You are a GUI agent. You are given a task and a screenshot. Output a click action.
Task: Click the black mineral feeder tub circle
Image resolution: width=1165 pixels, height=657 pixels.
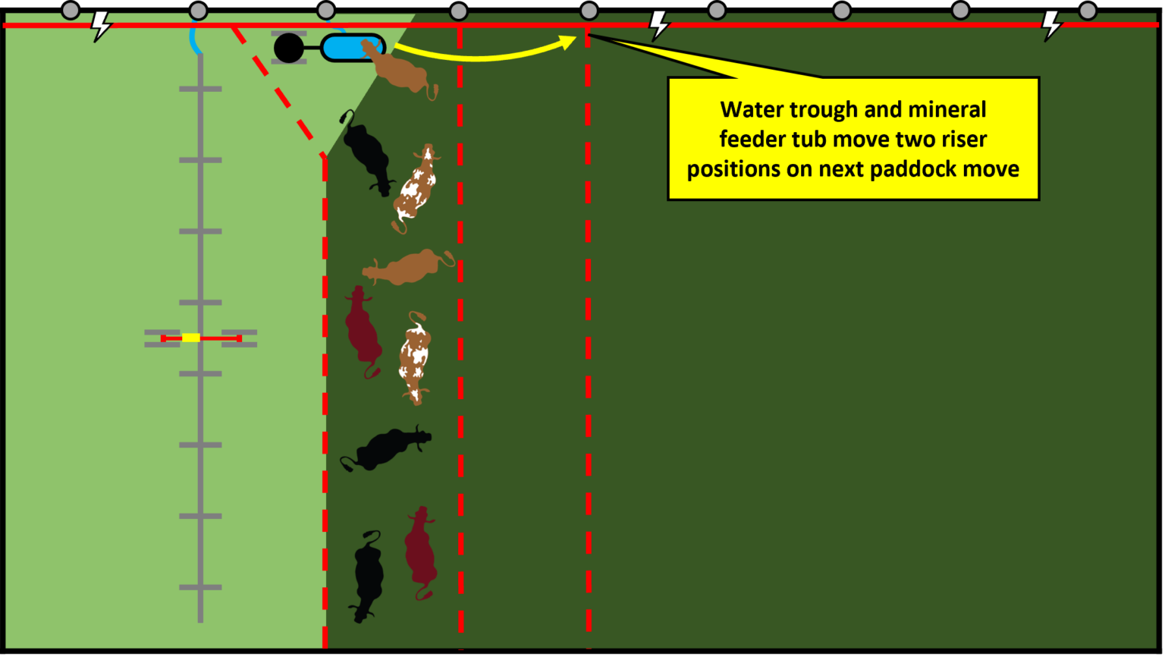click(288, 48)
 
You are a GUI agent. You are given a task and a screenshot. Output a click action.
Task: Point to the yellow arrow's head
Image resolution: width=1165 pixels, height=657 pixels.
click(570, 40)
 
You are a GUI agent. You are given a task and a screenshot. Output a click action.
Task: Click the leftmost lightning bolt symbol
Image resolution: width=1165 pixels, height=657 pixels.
click(100, 26)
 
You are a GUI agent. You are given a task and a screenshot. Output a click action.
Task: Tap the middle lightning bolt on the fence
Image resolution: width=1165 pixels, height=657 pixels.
click(659, 25)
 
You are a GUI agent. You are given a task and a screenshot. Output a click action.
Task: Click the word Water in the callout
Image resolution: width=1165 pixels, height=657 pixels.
click(752, 110)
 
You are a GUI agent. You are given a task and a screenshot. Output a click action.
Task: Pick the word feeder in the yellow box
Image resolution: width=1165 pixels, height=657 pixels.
click(755, 140)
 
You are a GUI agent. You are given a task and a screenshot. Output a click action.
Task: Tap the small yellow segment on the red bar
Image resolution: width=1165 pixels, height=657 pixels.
click(190, 338)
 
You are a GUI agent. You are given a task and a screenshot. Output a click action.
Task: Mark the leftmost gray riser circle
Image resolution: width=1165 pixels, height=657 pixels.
click(70, 11)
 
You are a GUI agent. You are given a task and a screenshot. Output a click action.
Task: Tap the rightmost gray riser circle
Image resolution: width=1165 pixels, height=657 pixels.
click(1088, 11)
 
